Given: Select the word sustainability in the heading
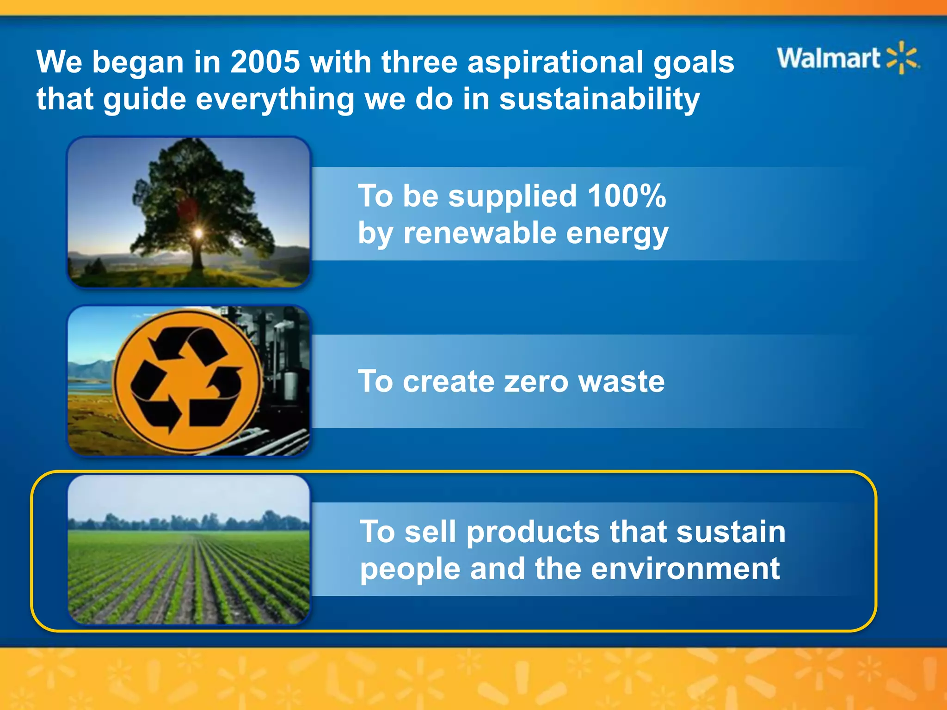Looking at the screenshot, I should click(599, 99).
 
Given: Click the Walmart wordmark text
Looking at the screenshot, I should click(828, 58).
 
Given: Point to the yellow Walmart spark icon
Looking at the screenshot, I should click(902, 58).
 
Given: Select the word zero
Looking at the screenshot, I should click(536, 382).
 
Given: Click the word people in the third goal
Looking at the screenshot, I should click(410, 569).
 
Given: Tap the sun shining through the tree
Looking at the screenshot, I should click(198, 233).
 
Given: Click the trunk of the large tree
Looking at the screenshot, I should click(198, 257).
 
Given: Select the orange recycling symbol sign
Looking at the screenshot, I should click(187, 381).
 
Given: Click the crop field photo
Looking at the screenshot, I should click(189, 550).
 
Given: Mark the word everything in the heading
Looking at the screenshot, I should click(275, 99).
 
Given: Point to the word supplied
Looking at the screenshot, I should click(513, 196).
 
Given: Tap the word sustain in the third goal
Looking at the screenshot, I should click(731, 532).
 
